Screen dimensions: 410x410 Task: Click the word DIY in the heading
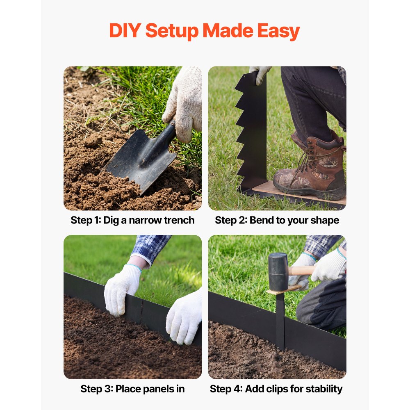coord(125,31)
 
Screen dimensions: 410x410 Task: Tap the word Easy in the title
coord(278,32)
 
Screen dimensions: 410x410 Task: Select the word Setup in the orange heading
coord(172,32)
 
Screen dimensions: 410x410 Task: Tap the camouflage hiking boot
coord(310,168)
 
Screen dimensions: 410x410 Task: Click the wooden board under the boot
coord(298,193)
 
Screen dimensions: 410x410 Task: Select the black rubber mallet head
coord(278,268)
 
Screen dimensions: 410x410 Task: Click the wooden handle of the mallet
coord(301,270)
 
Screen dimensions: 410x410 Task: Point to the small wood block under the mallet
coord(284,289)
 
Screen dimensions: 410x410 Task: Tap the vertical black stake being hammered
coord(280,321)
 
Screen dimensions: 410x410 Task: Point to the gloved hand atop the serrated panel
coord(260,75)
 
